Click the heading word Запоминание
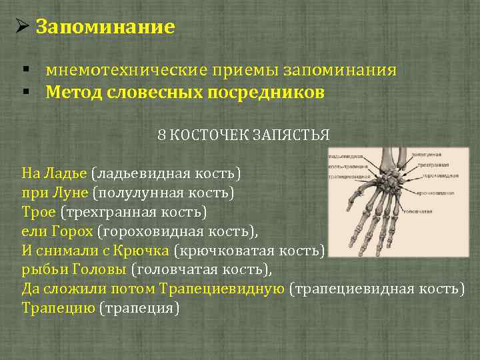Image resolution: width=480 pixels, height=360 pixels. click(105, 27)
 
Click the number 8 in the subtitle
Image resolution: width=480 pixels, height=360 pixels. click(162, 135)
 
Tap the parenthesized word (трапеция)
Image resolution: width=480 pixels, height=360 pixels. click(139, 309)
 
